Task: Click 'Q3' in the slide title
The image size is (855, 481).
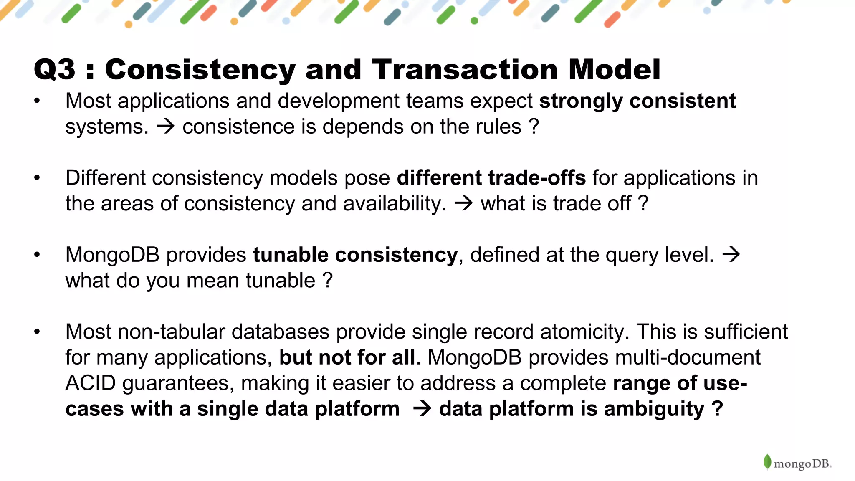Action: pyautogui.click(x=55, y=70)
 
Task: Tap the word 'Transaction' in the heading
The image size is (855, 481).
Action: pyautogui.click(x=465, y=70)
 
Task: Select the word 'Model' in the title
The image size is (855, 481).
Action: pyautogui.click(x=614, y=70)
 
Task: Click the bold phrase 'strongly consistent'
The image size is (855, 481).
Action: pyautogui.click(x=637, y=101)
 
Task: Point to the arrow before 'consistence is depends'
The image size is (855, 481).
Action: pyautogui.click(x=166, y=127)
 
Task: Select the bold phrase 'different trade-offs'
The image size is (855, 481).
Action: pyautogui.click(x=491, y=178)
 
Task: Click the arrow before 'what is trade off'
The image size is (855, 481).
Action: pyautogui.click(x=464, y=204)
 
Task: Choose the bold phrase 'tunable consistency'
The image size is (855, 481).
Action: pyautogui.click(x=355, y=255)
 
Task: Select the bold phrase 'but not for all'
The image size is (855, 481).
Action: pyautogui.click(x=347, y=358)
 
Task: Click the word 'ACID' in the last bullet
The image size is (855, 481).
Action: pyautogui.click(x=90, y=383)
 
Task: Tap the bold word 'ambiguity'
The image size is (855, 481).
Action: pyautogui.click(x=654, y=409)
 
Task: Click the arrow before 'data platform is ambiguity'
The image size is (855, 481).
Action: pyautogui.click(x=422, y=409)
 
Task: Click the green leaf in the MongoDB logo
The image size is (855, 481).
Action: pyautogui.click(x=767, y=462)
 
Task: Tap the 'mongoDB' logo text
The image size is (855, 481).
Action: pyautogui.click(x=802, y=464)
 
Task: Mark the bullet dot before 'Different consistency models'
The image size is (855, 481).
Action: pyautogui.click(x=37, y=178)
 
